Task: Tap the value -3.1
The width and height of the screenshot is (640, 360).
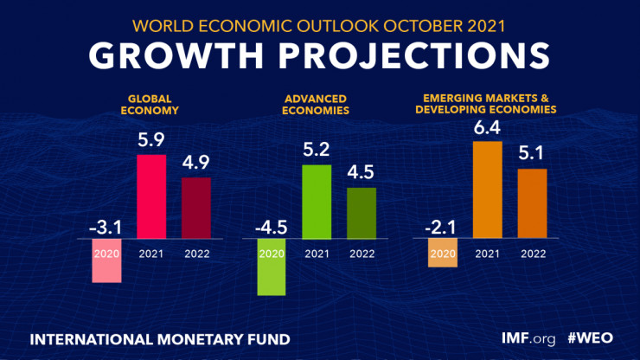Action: pyautogui.click(x=105, y=228)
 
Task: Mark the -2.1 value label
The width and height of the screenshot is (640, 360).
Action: pyautogui.click(x=440, y=228)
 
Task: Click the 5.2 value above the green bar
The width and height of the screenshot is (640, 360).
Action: pyautogui.click(x=317, y=149)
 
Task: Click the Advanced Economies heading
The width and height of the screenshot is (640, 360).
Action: pyautogui.click(x=317, y=106)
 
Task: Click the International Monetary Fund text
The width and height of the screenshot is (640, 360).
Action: pyautogui.click(x=160, y=336)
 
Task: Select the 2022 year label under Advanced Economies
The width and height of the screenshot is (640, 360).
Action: pyautogui.click(x=362, y=254)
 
